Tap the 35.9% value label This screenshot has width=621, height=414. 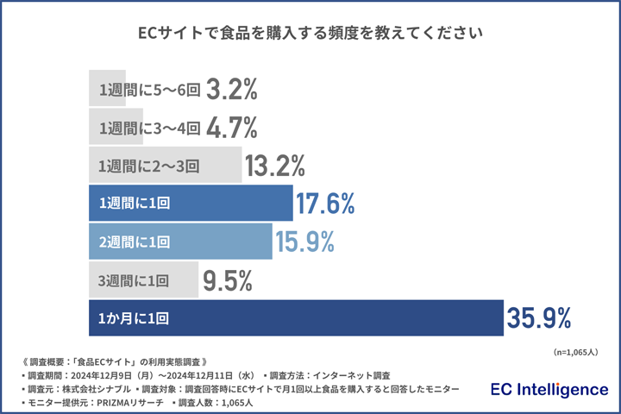(539, 318)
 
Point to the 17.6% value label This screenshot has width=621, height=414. (325, 204)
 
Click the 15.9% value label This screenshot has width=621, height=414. (304, 242)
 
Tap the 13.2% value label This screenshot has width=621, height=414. (275, 166)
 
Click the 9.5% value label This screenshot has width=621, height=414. (227, 280)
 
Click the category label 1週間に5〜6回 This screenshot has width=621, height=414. (149, 90)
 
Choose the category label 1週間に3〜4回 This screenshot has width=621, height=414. (149, 128)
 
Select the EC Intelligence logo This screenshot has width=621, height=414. (549, 390)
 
